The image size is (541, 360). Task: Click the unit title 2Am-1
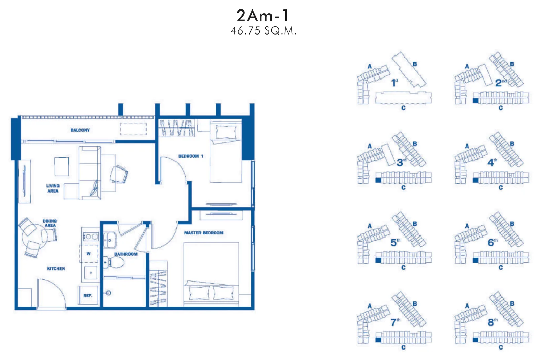pos(263,16)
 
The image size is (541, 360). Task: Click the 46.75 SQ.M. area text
pos(263,31)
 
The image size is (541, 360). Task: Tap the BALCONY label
pos(80,130)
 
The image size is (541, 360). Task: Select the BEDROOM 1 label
pos(191,156)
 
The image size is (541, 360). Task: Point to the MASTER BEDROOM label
pos(204,233)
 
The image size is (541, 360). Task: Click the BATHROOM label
pos(125,254)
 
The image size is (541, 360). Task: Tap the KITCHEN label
pos(56,268)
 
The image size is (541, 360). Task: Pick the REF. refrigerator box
pos(88,295)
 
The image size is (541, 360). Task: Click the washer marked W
pos(89,253)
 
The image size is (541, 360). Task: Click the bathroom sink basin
pos(110,240)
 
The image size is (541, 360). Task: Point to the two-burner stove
pos(91,237)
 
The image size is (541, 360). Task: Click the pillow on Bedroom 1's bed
pos(226,132)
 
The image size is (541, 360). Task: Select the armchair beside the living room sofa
pos(119,174)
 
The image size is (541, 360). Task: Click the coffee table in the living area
pos(62,166)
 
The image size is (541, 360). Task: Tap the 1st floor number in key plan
pos(394,83)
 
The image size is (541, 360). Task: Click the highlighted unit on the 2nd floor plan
pos(475,100)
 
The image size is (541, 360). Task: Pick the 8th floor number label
pos(493,322)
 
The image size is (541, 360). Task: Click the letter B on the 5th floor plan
pos(415,224)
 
